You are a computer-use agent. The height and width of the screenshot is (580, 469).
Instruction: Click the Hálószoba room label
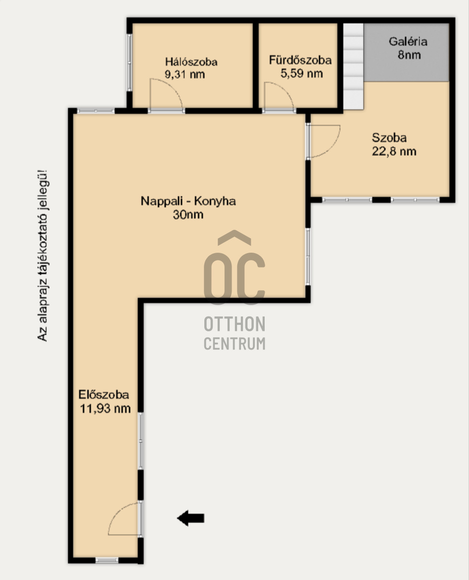point(191,61)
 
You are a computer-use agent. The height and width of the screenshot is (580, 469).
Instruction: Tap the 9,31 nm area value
point(185,74)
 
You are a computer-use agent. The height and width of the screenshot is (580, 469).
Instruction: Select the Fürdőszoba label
point(300,60)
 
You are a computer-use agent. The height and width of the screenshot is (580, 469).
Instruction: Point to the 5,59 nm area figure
point(301,73)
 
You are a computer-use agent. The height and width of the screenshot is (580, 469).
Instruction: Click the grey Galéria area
point(407,52)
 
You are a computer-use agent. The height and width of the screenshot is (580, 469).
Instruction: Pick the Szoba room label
point(389,138)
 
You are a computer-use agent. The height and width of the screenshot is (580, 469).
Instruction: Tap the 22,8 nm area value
point(394,151)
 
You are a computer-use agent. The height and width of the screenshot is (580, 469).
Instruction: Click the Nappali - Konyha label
point(188,201)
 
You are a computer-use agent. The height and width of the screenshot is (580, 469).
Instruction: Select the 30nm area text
point(188,215)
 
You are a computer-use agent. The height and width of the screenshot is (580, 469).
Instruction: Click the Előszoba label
point(104,395)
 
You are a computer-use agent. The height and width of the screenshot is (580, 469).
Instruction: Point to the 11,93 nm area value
point(105,408)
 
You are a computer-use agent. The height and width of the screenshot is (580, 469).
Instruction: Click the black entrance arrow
point(190,518)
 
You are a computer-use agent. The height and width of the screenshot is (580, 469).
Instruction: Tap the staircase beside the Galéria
point(354,66)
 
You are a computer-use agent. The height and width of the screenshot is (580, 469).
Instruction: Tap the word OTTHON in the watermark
point(234,324)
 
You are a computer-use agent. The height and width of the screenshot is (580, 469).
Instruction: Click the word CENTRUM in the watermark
point(234,344)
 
